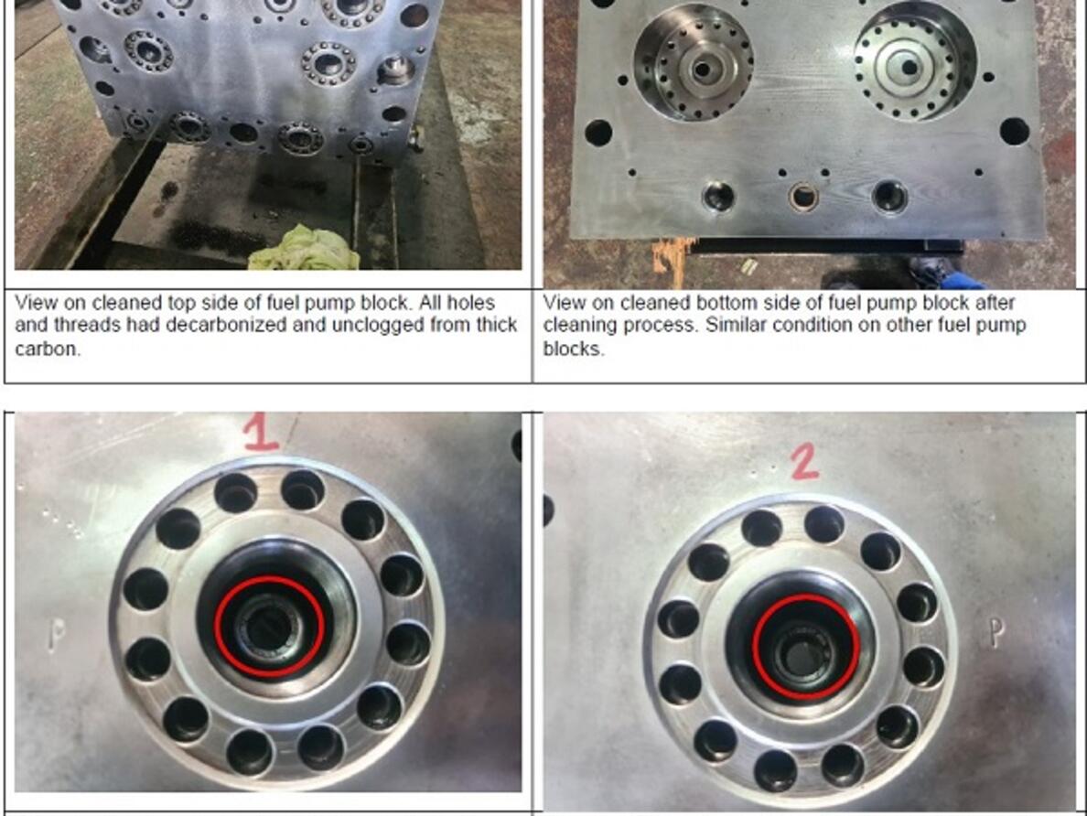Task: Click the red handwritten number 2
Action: (x=804, y=462)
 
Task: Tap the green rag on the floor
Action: (x=305, y=251)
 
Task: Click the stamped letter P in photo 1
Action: (x=58, y=634)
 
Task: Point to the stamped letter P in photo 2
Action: (x=996, y=632)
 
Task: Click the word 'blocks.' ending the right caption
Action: (x=574, y=349)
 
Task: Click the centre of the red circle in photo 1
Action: (x=269, y=627)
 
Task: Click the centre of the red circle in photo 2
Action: (x=806, y=648)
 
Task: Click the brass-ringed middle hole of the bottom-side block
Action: (x=803, y=197)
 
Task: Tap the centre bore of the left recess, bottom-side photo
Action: (x=702, y=70)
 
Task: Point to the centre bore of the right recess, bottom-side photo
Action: (x=909, y=67)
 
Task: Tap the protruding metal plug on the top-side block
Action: (x=396, y=70)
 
